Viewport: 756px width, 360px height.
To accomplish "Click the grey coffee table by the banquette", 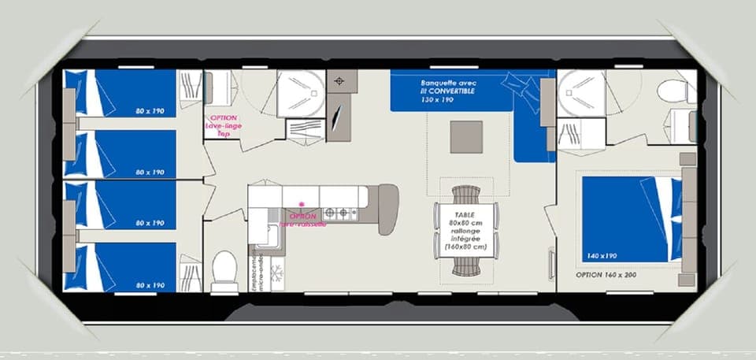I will (x=466, y=136).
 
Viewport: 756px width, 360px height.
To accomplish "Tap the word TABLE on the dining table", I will (x=465, y=213).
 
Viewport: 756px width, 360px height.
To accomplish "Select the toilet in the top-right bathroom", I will (x=674, y=91).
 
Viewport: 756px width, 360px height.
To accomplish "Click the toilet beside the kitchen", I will (x=224, y=269).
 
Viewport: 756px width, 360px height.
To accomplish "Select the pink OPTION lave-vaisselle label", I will (x=302, y=220).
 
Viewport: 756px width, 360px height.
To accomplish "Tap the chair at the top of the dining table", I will (x=465, y=194).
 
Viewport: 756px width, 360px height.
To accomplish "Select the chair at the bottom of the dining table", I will (x=465, y=268).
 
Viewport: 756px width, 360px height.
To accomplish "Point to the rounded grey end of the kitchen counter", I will (x=387, y=209).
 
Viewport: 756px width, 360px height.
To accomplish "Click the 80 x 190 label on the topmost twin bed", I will (x=150, y=111).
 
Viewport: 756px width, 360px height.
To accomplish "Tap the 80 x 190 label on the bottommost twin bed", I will (x=150, y=285).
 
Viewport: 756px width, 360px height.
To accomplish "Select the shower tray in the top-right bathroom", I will (x=580, y=93).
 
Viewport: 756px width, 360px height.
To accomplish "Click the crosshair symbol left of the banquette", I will (x=340, y=81).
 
